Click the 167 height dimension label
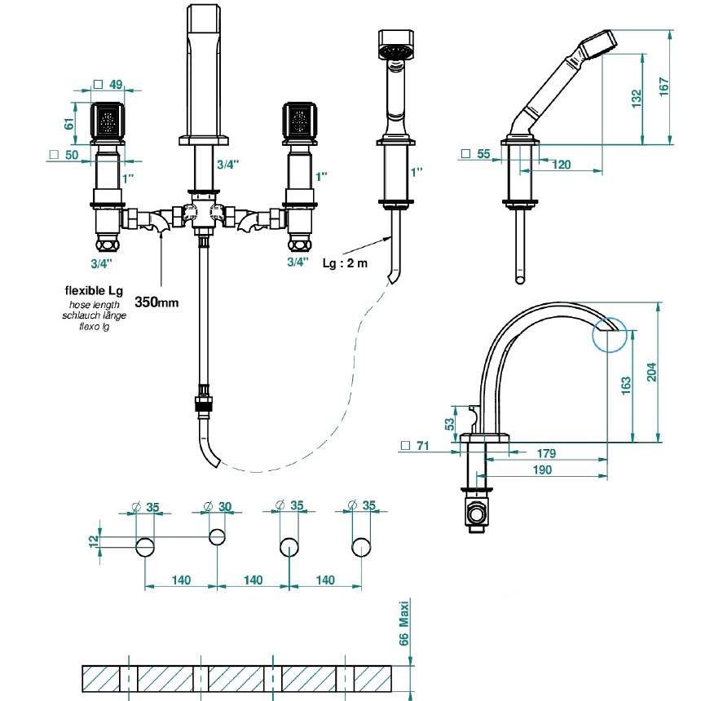(664, 86)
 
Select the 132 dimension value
(636, 99)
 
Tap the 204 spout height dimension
(652, 372)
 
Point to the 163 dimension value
(626, 385)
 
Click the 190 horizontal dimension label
(542, 470)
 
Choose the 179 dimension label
(546, 453)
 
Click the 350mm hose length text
(157, 302)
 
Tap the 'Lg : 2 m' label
(345, 262)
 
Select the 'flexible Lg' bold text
(94, 291)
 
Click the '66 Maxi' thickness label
(403, 624)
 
